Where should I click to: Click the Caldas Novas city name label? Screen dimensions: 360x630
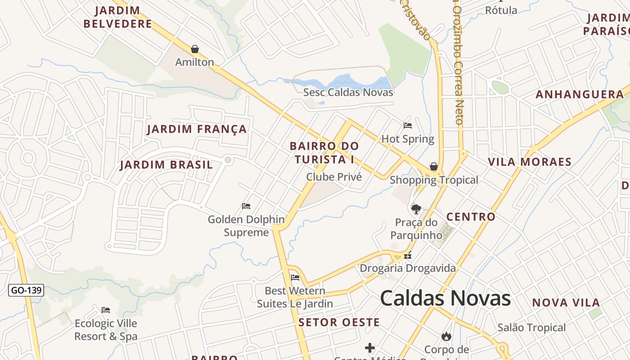point(445,298)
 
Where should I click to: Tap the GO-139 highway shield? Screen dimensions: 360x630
point(26,290)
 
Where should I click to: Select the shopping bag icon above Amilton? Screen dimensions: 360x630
point(195,49)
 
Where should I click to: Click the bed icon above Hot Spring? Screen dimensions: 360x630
point(408,126)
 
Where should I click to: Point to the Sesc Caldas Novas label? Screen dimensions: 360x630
point(348,93)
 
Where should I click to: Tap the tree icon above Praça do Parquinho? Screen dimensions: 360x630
point(416,209)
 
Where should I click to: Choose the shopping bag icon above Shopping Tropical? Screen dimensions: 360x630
point(434,167)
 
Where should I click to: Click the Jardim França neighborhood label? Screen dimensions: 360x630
point(197,130)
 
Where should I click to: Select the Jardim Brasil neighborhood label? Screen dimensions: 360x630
point(166,165)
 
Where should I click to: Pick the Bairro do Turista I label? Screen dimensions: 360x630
point(324,153)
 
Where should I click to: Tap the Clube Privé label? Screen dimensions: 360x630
point(334,177)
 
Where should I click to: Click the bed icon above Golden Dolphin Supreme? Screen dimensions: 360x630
point(246,206)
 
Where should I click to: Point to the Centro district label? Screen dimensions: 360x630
point(471,217)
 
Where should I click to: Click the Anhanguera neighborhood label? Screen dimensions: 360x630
point(580,94)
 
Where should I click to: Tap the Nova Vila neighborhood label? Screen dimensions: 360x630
point(566,303)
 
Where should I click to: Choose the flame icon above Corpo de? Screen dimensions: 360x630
point(446,336)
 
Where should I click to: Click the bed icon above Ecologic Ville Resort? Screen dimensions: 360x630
point(106,310)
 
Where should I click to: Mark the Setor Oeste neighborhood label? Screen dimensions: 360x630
point(339,322)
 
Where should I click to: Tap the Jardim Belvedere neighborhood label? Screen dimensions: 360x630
point(118,17)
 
